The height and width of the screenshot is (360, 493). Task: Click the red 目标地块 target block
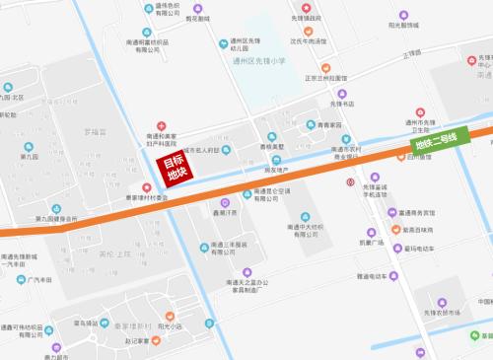[176, 167]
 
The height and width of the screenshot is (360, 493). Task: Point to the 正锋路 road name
[411, 52]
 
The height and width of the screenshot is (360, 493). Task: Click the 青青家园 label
[328, 125]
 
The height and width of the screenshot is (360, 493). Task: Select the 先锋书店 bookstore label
[341, 103]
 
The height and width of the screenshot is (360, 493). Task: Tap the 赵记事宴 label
[136, 341]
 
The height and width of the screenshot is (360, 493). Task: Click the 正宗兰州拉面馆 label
[326, 77]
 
